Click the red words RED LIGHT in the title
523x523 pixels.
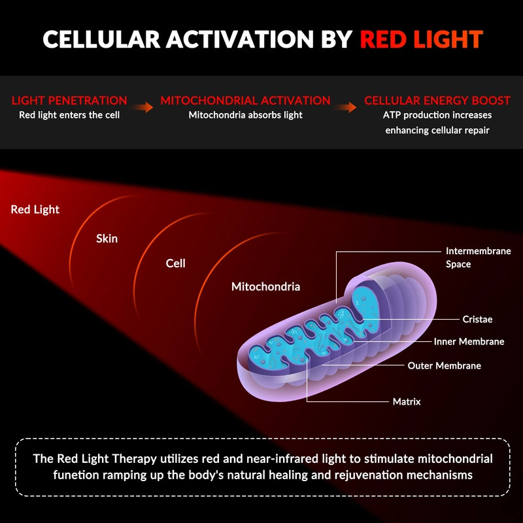pyautogui.click(x=421, y=39)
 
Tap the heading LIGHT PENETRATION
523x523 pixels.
pyautogui.click(x=69, y=101)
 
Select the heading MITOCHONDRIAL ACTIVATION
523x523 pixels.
pyautogui.click(x=245, y=101)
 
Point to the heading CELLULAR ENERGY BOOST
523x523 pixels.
pyautogui.click(x=437, y=101)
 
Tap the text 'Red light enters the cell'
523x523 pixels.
pyautogui.click(x=69, y=116)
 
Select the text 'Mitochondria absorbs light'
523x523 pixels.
pyautogui.click(x=245, y=116)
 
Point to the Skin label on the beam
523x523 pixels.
pyautogui.click(x=107, y=239)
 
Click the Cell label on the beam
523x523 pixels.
pyautogui.click(x=175, y=263)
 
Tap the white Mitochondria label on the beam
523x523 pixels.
pyautogui.click(x=265, y=286)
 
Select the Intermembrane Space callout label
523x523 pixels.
pyautogui.click(x=478, y=258)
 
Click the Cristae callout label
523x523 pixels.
pyautogui.click(x=477, y=320)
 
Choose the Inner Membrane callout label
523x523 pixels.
pyautogui.click(x=469, y=342)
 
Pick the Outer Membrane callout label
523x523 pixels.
pyautogui.click(x=444, y=366)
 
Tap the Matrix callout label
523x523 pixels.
pyautogui.click(x=407, y=401)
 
